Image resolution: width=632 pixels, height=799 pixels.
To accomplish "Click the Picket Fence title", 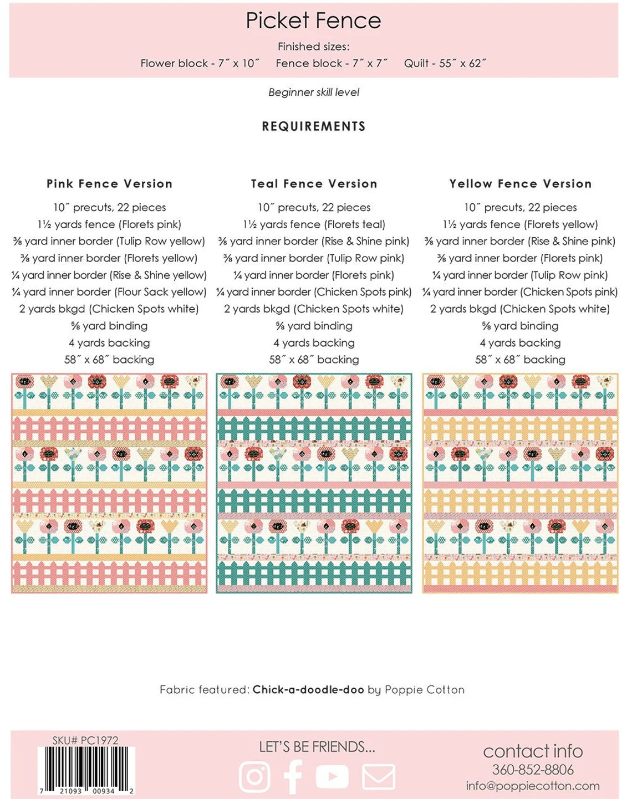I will (313, 21).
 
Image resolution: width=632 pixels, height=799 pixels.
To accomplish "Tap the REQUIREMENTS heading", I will (314, 126).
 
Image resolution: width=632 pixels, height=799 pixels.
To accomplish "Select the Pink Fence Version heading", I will (109, 184).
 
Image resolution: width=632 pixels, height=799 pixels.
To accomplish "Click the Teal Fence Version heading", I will (314, 184).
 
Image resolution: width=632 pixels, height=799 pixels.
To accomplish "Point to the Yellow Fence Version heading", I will (520, 184).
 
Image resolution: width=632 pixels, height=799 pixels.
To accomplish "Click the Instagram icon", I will (254, 776).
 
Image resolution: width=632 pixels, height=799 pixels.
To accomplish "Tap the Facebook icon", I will (293, 776).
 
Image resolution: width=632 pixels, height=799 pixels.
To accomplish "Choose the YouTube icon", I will (332, 776).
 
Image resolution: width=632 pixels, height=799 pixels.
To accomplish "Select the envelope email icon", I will (378, 776).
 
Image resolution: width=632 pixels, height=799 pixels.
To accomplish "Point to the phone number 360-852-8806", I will (533, 770).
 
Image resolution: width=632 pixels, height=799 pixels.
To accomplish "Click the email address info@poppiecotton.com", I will (533, 786).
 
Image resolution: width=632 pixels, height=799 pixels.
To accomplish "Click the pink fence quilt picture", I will (109, 483).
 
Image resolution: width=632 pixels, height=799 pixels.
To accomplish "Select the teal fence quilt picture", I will (314, 483).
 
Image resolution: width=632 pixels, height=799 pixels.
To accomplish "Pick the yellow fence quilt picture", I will (520, 483).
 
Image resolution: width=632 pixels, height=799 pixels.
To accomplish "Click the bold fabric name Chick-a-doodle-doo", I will (308, 690).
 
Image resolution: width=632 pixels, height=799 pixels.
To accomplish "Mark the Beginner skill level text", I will (314, 93).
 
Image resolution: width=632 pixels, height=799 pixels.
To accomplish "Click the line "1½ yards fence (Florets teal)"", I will (314, 224).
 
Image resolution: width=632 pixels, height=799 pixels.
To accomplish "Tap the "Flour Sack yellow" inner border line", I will (109, 292).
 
